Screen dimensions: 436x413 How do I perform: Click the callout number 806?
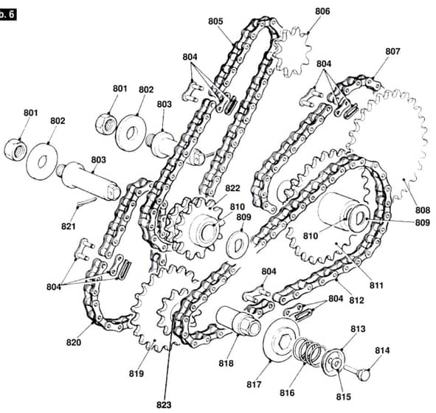322,11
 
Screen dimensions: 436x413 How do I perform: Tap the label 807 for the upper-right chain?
392,52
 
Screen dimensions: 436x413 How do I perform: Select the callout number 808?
423,210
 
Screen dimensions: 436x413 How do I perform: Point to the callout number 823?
164,405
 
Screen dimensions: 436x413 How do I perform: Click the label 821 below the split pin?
69,226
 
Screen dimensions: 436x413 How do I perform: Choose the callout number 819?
136,374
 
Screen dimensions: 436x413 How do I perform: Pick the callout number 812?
356,300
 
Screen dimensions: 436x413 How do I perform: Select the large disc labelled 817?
281,340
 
